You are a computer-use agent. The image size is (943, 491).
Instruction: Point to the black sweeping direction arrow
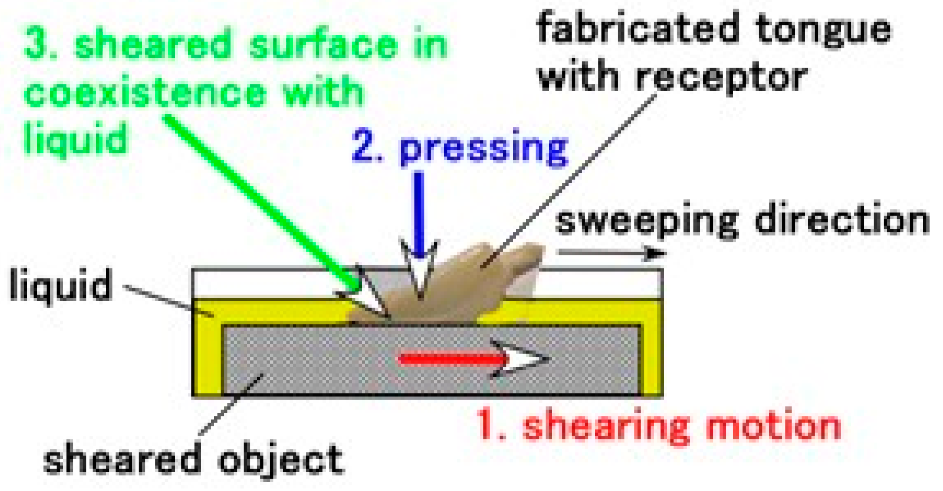(610, 253)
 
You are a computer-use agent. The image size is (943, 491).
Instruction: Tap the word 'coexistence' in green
(145, 92)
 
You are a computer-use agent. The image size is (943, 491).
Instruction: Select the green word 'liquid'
(75, 138)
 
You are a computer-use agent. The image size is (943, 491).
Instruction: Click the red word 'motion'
(773, 426)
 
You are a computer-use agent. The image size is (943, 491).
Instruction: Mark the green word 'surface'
(323, 44)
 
